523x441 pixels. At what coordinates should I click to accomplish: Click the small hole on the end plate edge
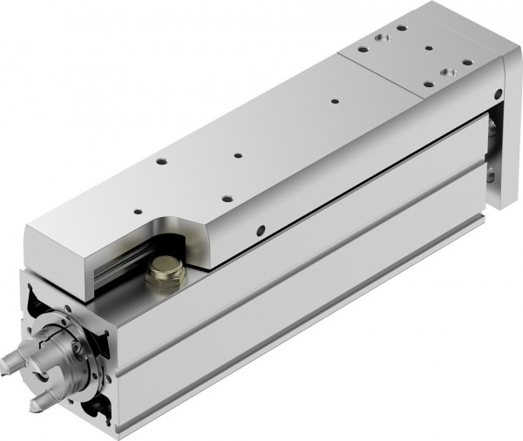(x=498, y=93)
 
